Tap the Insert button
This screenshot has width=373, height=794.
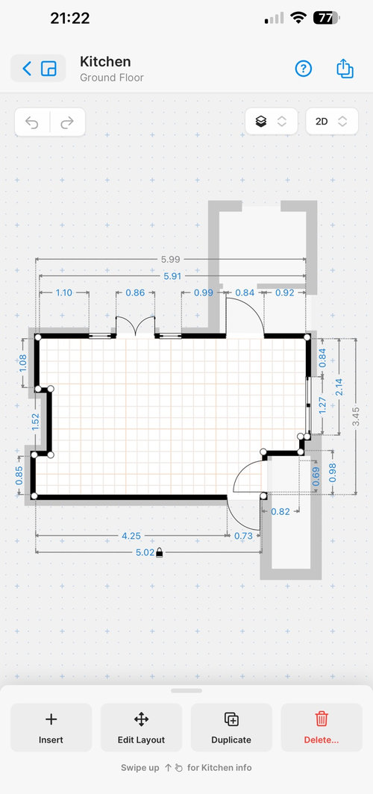(51, 727)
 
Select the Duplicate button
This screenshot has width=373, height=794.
(231, 727)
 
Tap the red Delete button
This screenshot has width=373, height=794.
(322, 727)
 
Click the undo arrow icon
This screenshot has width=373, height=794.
(32, 122)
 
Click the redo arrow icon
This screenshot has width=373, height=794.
(67, 122)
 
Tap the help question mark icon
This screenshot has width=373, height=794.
(303, 69)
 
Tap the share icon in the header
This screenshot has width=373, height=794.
(345, 69)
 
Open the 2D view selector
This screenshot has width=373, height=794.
(332, 122)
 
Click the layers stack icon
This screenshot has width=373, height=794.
(261, 122)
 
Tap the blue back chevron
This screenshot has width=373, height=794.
(27, 69)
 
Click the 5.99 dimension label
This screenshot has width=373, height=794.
(171, 259)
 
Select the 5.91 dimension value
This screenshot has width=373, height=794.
(172, 276)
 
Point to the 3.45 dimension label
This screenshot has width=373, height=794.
(356, 416)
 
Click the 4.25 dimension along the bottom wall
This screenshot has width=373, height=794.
(131, 536)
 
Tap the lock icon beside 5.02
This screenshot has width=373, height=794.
(160, 552)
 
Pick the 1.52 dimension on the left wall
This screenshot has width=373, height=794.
(35, 422)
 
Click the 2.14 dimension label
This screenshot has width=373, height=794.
(339, 387)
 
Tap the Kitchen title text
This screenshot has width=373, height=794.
(105, 62)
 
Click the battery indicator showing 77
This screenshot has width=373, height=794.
(327, 19)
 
